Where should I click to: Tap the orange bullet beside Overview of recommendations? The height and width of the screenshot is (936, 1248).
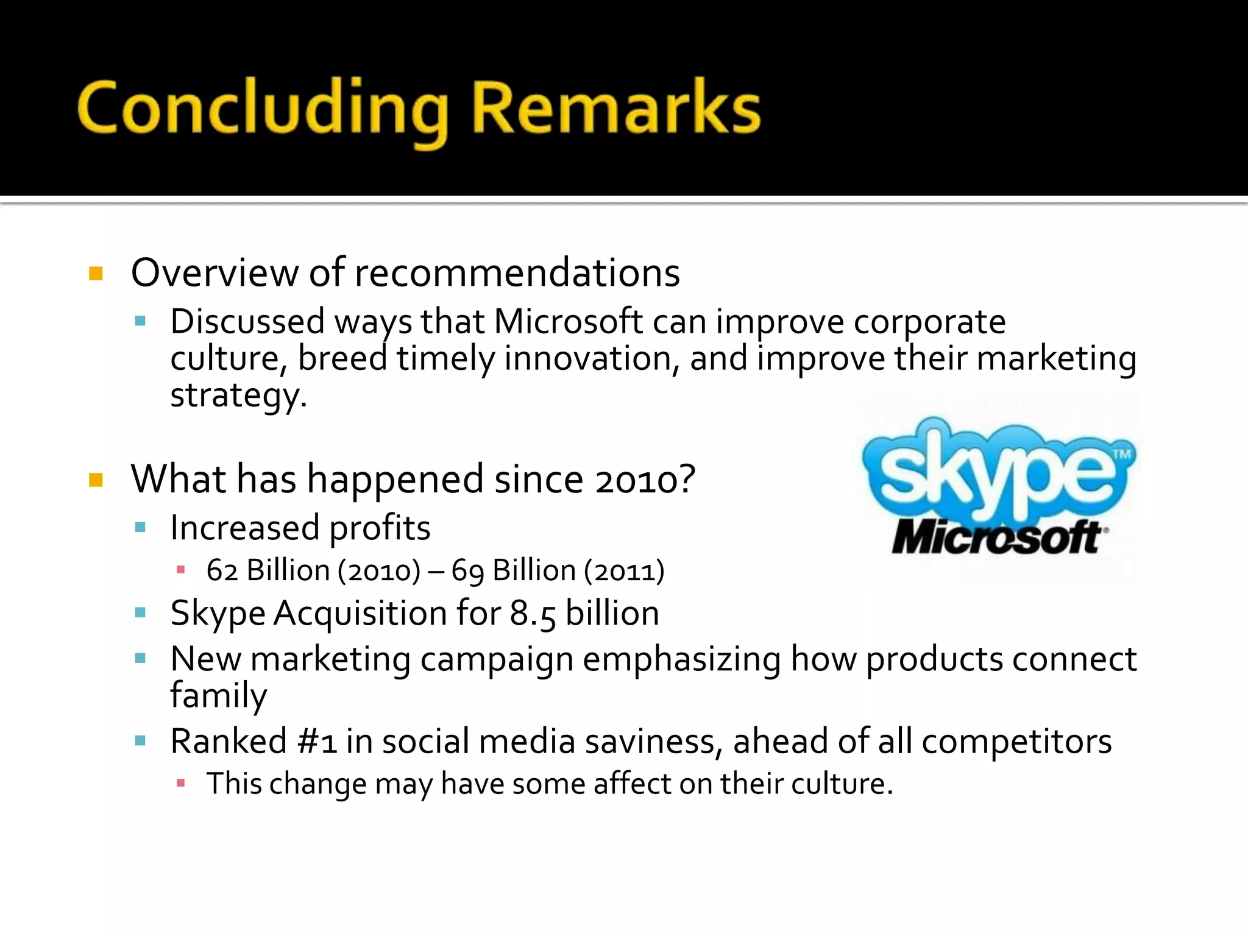[96, 273]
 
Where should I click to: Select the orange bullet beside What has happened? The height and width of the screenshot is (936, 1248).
[96, 480]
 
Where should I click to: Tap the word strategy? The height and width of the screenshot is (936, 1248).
[238, 395]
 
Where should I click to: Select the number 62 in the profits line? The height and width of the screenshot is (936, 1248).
[222, 570]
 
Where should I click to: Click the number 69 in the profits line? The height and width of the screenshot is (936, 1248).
[467, 570]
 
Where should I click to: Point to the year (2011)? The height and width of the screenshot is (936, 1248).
[624, 570]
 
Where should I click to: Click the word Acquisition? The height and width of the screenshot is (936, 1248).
[360, 613]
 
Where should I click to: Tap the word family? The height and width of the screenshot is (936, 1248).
[218, 695]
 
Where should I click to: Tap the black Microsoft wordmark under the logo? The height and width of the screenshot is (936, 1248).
[997, 537]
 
